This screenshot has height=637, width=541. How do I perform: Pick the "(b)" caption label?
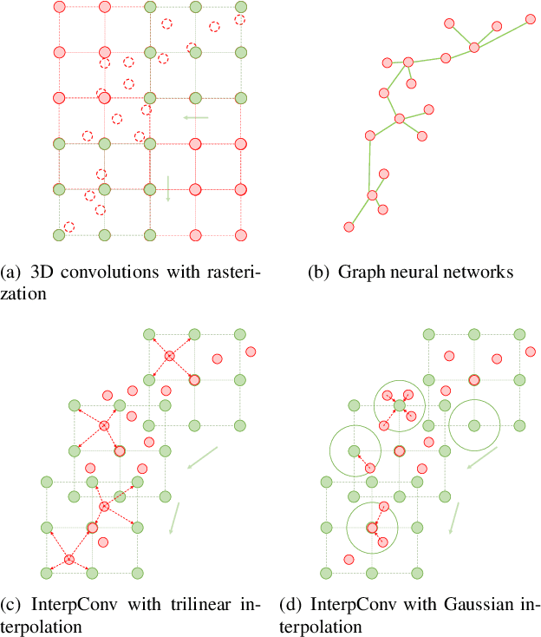coord(320,273)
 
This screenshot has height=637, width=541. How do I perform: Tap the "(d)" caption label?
coord(293,606)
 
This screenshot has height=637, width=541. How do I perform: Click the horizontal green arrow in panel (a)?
coord(196,117)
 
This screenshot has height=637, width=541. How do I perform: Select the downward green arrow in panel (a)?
coord(168,188)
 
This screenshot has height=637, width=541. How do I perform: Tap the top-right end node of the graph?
coord(528,17)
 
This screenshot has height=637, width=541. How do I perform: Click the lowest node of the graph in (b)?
coord(349,227)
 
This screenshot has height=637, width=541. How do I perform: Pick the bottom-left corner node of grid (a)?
coord(59,234)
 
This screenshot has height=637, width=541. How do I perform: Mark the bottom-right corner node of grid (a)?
coord(240,234)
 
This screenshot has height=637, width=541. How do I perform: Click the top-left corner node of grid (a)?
coord(59,7)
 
